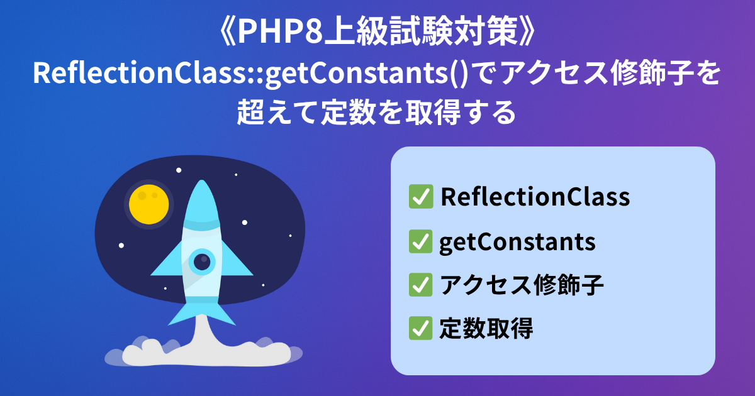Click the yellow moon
click(x=148, y=204)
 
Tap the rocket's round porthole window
click(x=202, y=261)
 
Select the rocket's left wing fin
click(x=167, y=261)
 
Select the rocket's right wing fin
click(x=237, y=261)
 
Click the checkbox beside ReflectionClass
click(x=421, y=196)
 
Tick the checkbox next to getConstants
click(x=421, y=241)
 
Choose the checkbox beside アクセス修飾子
click(x=421, y=285)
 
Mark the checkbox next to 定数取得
click(x=421, y=328)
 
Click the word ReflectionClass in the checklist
click(x=535, y=197)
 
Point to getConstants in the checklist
click(x=517, y=243)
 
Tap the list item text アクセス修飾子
click(x=522, y=285)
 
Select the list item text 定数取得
click(x=486, y=328)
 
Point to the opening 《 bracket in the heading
click(x=227, y=31)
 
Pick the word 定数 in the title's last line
click(x=348, y=112)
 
